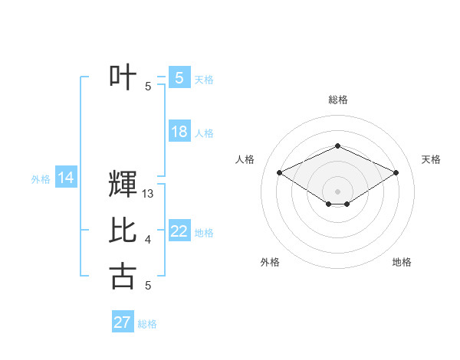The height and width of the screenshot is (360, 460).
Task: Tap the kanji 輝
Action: (x=123, y=184)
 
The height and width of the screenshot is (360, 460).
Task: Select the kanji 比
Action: (x=123, y=230)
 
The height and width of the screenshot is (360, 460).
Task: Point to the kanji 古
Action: (x=123, y=275)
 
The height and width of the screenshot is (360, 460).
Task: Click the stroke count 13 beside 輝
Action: (x=149, y=194)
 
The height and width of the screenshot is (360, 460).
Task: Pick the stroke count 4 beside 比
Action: (x=148, y=240)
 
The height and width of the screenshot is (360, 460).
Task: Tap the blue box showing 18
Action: (x=179, y=132)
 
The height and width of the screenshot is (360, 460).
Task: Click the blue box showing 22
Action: (x=179, y=231)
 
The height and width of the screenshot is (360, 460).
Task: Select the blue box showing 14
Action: (x=65, y=178)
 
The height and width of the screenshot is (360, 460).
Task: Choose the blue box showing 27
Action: (x=123, y=322)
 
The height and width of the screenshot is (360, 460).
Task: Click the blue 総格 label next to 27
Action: (x=147, y=324)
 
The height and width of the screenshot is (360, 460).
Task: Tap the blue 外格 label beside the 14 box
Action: (x=41, y=179)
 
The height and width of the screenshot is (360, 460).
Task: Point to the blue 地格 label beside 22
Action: (x=204, y=232)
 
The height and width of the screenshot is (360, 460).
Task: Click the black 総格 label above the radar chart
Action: (x=337, y=100)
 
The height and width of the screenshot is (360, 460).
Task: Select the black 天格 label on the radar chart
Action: (x=431, y=159)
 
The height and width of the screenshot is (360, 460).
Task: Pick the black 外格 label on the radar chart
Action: (x=270, y=262)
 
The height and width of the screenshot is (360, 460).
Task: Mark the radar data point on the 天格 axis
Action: (x=396, y=172)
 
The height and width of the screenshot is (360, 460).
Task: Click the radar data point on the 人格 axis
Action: (x=279, y=172)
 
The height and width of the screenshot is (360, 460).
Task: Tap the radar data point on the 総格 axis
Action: (x=337, y=146)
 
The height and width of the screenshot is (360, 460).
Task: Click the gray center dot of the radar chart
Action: (x=337, y=191)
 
